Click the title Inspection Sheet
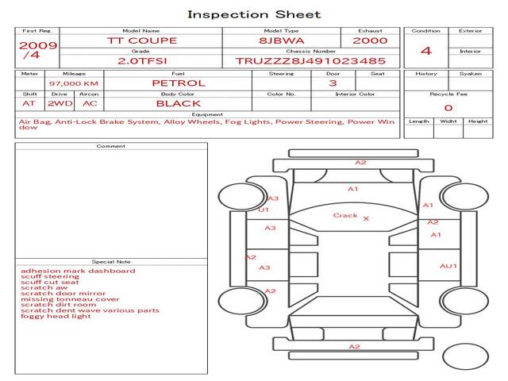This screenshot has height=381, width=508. (x=254, y=14)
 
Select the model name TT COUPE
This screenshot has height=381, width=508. (x=142, y=40)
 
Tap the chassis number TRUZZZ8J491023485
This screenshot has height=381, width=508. (x=310, y=61)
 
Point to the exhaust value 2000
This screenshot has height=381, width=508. (x=370, y=40)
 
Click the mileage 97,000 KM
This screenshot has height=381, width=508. (x=74, y=83)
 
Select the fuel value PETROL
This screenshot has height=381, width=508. (x=178, y=83)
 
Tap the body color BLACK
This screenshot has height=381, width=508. (x=178, y=104)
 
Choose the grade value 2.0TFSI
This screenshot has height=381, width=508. (x=142, y=61)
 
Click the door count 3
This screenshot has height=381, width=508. (x=333, y=83)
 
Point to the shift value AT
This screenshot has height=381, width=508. (x=29, y=104)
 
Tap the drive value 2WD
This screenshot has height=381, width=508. (x=56, y=104)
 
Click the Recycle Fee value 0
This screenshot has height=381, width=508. (x=448, y=108)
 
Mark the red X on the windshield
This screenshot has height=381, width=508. (x=366, y=218)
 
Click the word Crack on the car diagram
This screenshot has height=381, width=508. (x=345, y=215)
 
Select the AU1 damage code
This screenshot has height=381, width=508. (x=448, y=266)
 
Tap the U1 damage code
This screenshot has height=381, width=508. (x=264, y=210)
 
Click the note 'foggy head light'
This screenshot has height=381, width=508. (x=56, y=317)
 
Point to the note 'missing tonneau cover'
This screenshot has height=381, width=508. (x=70, y=299)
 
